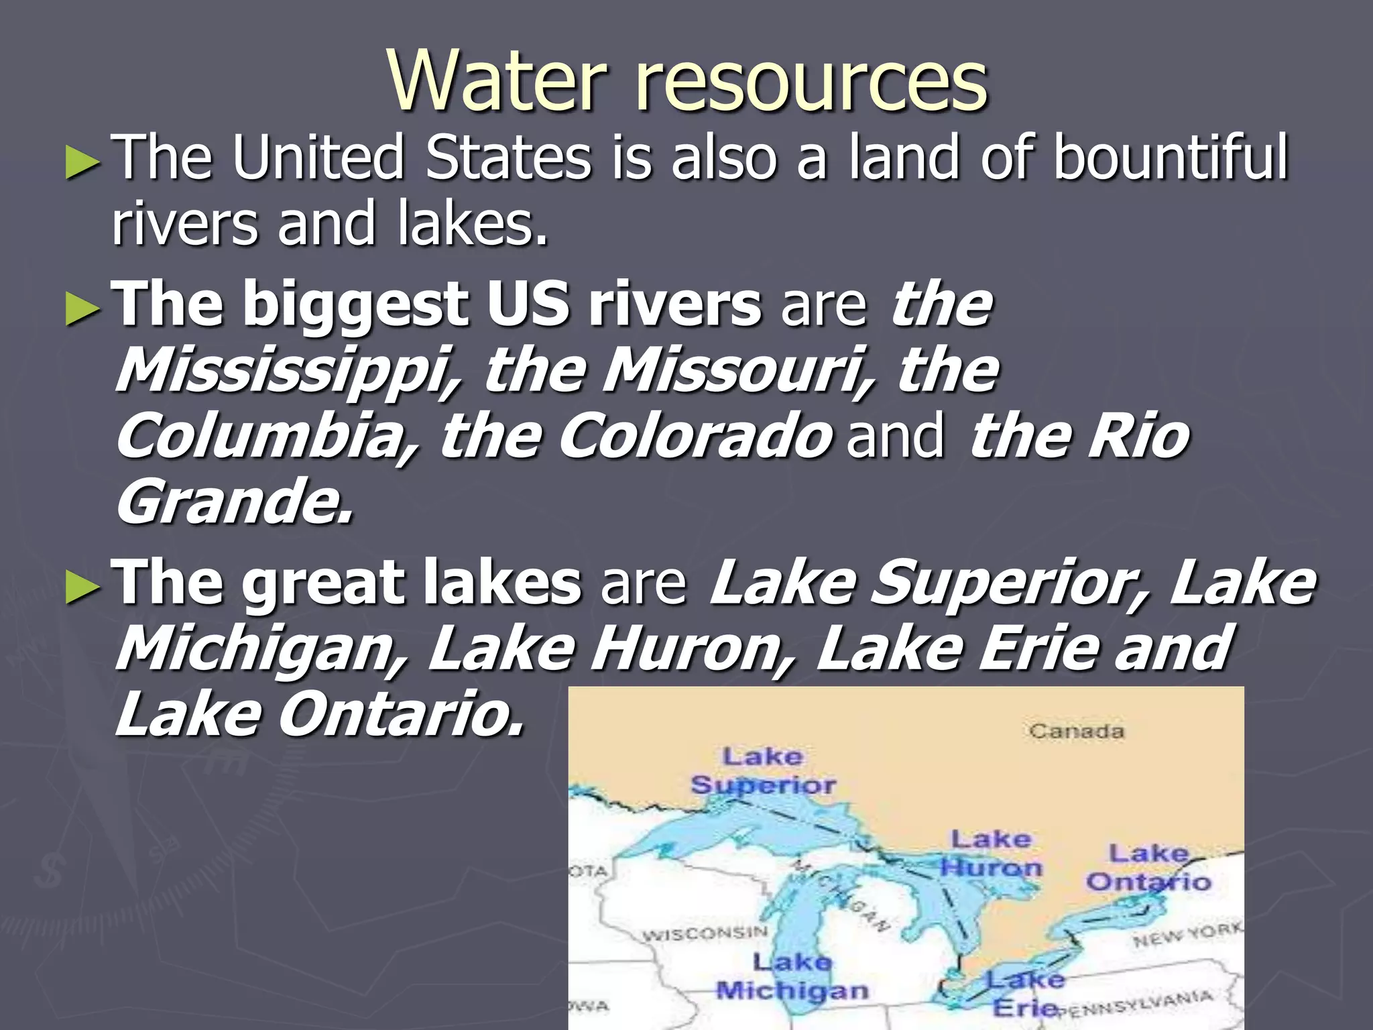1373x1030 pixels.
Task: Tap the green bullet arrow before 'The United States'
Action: (x=83, y=164)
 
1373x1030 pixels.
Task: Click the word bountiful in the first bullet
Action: (x=1170, y=158)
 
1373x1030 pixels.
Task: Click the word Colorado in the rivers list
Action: (x=694, y=437)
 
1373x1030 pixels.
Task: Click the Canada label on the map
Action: (x=1076, y=731)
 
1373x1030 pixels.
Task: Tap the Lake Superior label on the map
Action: (x=763, y=771)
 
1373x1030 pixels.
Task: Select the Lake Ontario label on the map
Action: (x=1148, y=868)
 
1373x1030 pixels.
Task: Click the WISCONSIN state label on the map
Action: (x=705, y=933)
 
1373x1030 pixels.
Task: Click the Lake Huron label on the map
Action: (x=991, y=853)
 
